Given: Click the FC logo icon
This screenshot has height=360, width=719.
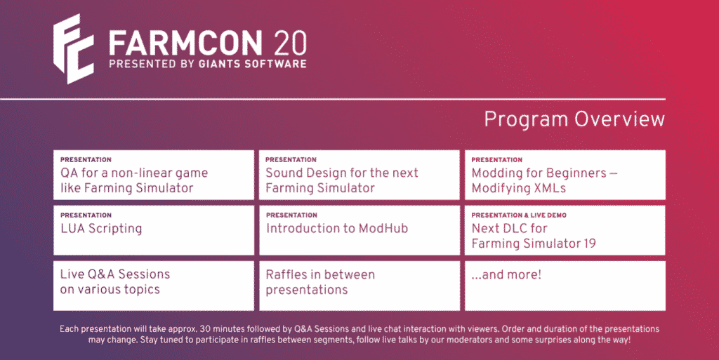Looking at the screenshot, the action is [x=73, y=49].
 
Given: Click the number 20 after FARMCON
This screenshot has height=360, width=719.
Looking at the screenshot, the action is [x=291, y=44].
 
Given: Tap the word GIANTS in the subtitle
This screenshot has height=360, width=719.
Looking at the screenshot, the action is [x=220, y=64].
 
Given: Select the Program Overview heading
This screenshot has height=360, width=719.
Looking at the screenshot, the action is [x=574, y=119].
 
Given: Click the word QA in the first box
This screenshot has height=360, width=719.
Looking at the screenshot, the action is [x=70, y=173].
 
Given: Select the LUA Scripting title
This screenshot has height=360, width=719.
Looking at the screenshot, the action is [x=101, y=229].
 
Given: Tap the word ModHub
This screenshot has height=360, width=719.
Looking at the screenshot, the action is [x=383, y=228].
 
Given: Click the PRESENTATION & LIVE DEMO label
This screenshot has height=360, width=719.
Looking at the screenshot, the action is [x=519, y=215].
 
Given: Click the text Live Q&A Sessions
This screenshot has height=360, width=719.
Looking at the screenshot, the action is [x=115, y=274].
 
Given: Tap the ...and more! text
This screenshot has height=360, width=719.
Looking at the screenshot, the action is [x=506, y=275].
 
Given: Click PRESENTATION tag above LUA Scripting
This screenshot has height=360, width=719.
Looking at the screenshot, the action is [x=86, y=215].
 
